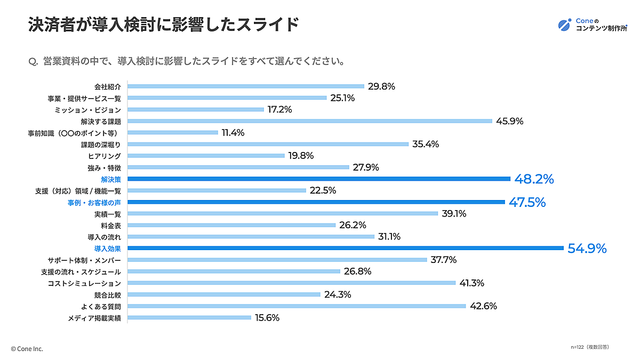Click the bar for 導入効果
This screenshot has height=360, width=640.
point(346,248)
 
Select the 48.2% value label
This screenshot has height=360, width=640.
point(534,179)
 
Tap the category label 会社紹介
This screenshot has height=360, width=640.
point(108,86)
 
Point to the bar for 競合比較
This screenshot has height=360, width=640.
point(224,294)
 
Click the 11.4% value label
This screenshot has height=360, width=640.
point(233,133)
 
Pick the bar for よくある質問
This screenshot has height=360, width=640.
point(297,306)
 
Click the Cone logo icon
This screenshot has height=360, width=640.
point(564,24)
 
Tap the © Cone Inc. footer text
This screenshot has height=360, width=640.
point(27,349)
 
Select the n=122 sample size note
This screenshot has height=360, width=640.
point(589,347)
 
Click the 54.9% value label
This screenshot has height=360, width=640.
point(587,249)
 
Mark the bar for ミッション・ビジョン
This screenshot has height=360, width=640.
point(196,109)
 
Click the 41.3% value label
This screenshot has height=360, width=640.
point(471,283)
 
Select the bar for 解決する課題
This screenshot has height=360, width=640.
point(310,121)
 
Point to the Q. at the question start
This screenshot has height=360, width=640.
point(32,61)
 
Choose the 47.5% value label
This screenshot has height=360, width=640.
point(527,203)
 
